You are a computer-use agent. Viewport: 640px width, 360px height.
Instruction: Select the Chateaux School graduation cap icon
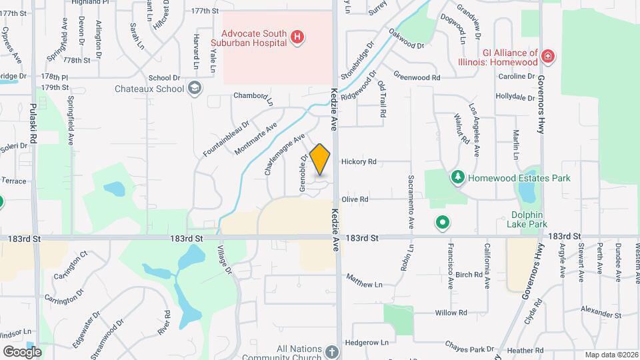click(195, 88)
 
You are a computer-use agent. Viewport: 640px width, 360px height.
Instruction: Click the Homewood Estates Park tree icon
click(457, 177)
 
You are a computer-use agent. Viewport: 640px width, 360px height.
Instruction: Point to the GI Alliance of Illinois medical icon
click(548, 57)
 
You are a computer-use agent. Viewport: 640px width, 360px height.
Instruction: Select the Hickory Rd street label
click(359, 161)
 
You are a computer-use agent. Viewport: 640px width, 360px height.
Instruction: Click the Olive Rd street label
click(355, 199)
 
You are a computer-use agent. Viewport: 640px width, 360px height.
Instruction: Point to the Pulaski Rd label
click(31, 116)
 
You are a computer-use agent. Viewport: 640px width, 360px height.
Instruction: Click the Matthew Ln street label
click(365, 281)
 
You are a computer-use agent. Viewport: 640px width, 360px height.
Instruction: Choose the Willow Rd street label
click(451, 313)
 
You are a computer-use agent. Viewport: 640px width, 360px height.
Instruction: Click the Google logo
click(21, 351)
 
